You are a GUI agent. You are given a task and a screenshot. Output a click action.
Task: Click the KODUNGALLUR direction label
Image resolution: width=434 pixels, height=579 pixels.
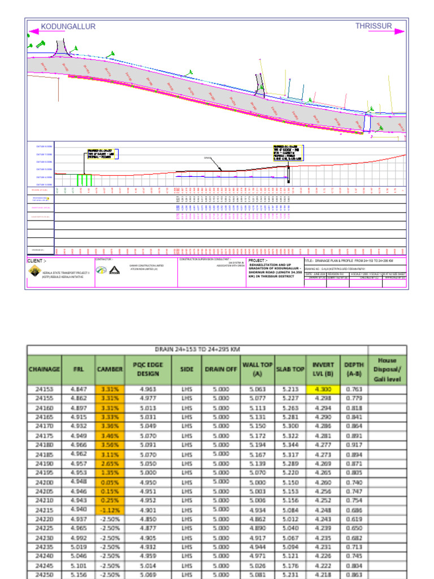point(68,27)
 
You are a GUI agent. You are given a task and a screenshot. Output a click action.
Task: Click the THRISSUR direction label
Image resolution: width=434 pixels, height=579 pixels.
point(374,26)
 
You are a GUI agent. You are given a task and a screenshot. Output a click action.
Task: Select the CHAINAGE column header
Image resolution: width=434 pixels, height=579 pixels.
point(44,369)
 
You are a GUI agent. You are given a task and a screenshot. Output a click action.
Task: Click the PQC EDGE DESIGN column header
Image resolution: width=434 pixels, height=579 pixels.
point(147,369)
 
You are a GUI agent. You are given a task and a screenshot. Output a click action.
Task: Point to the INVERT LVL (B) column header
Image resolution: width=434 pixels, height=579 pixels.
point(323,369)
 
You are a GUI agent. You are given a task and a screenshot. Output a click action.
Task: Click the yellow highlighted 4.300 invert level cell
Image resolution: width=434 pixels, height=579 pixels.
point(323,389)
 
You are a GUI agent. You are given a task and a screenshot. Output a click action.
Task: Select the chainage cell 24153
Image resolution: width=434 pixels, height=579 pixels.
point(44,389)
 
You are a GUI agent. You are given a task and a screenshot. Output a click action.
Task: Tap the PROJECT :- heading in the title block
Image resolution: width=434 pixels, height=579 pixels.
point(261,261)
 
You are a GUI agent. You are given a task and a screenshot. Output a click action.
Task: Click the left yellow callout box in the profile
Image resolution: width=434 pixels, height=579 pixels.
point(102,154)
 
